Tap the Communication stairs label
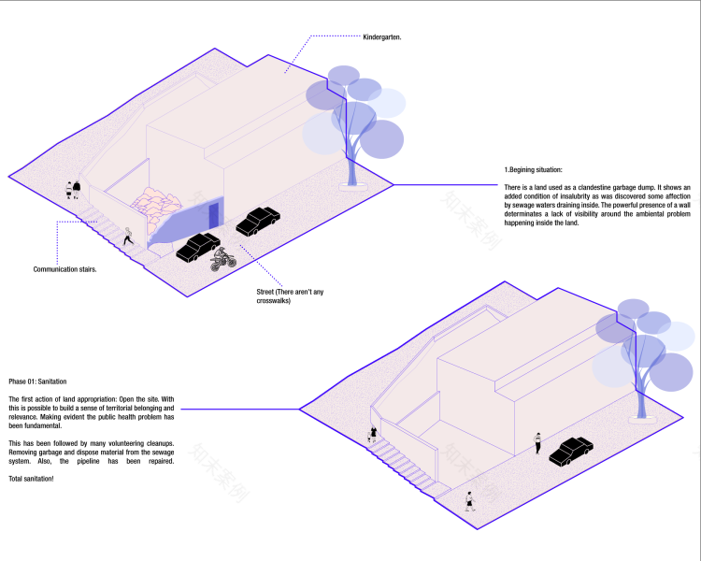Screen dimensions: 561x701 tap(64, 269)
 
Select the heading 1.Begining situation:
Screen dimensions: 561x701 tap(533, 169)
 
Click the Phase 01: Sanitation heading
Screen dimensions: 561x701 tap(37, 381)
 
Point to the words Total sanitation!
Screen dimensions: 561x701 tap(31, 479)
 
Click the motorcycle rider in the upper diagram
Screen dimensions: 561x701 tap(222, 258)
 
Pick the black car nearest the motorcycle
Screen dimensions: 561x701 tap(197, 247)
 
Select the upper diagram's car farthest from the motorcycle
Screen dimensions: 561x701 tap(258, 222)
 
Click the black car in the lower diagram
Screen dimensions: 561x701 tap(571, 451)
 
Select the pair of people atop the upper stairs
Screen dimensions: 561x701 tap(73, 190)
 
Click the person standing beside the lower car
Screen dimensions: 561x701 tap(538, 442)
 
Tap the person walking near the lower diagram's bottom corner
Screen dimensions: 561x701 tap(470, 500)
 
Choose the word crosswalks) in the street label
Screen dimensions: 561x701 tap(275, 301)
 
